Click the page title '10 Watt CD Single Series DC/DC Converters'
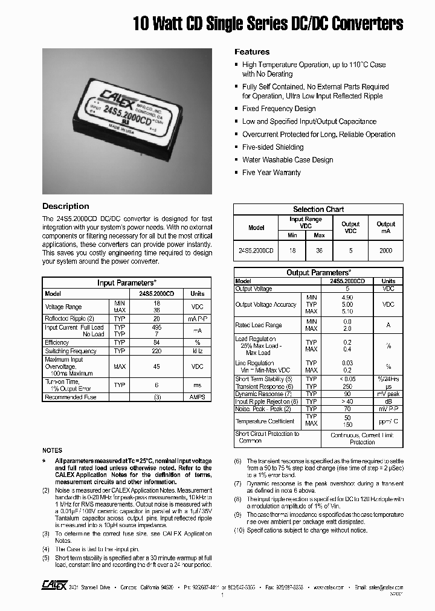pos(268,24)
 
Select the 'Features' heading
pos(252,52)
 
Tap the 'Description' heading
pos(65,206)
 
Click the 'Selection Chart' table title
pos(318,210)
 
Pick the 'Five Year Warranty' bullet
pos(271,173)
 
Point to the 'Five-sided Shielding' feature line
pos(272,147)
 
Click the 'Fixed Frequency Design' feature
pos(279,109)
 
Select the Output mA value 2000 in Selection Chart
pos(385,250)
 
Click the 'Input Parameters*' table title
pos(127,283)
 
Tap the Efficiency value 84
pos(156,342)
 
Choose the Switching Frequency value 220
pos(156,351)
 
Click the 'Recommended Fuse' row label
pos(70,397)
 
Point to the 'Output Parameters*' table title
pos(318,273)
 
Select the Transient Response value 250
pos(346,386)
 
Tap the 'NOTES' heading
pos(52,450)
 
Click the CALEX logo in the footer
pos(54,586)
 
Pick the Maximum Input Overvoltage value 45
pos(156,366)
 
